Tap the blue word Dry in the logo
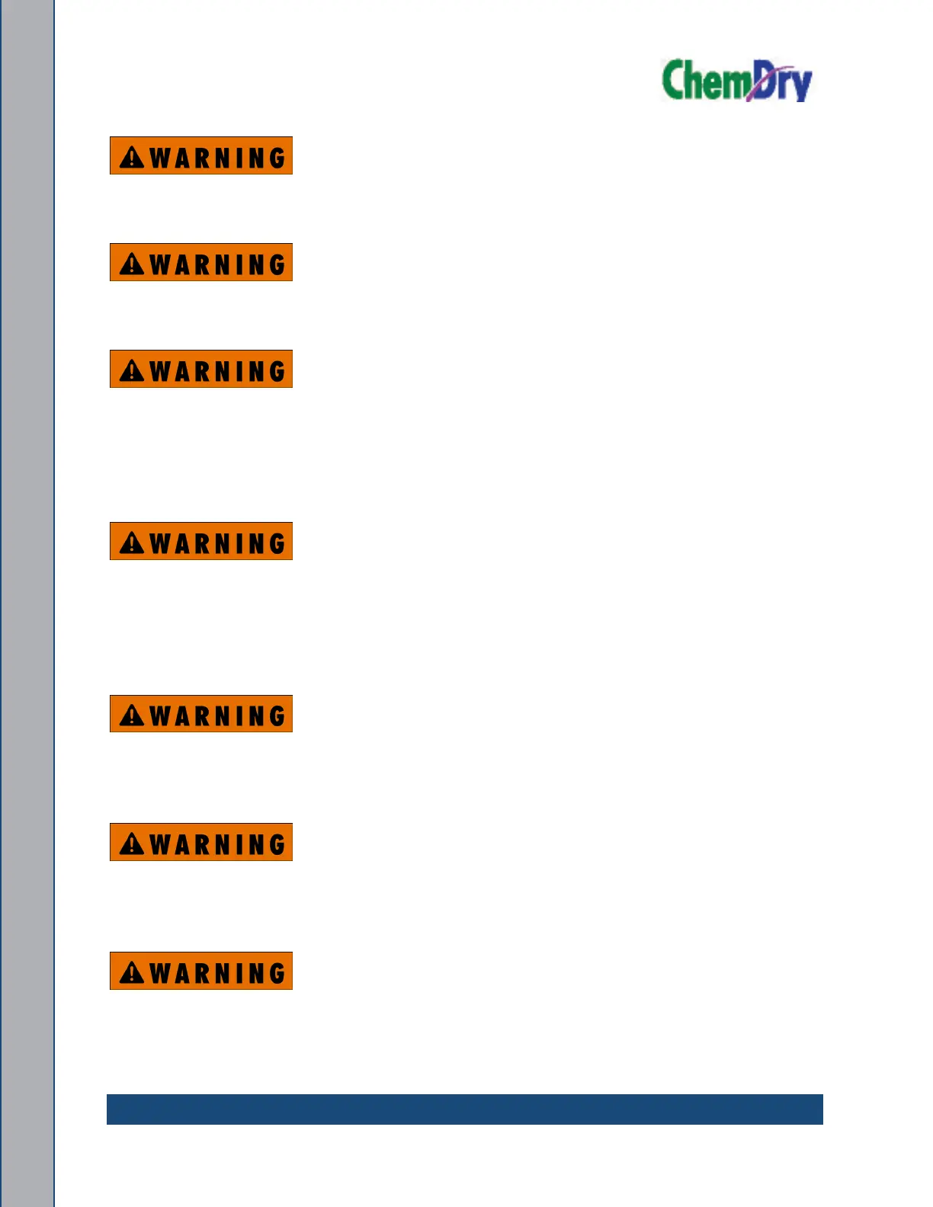coord(781,82)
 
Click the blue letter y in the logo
coord(800,86)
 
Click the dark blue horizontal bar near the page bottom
coord(464,1109)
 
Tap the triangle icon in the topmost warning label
coord(132,157)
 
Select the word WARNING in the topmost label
coord(217,158)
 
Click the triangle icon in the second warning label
coord(132,264)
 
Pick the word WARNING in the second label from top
coord(217,264)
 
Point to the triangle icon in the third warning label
coord(132,370)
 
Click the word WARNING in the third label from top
coord(217,371)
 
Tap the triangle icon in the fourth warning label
coord(132,543)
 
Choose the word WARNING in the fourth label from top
coord(217,543)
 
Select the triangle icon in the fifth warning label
coord(132,715)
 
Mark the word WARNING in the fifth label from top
coord(217,716)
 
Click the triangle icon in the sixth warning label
coord(132,844)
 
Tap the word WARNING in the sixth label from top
coord(217,844)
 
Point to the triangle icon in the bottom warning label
coord(132,972)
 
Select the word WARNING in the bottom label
coord(217,973)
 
